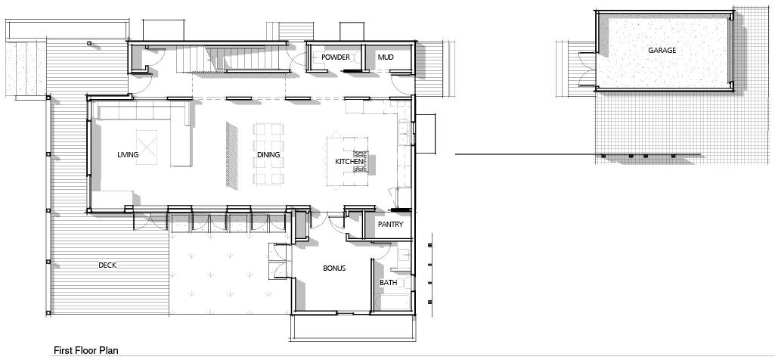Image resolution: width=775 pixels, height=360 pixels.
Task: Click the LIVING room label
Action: tap(128, 155)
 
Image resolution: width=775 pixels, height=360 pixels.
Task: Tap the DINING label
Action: tap(268, 155)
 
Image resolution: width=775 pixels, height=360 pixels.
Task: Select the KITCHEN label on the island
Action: tap(349, 162)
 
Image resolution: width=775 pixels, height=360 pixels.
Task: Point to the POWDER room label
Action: tap(336, 57)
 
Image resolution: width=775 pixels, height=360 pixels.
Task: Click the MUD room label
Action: tap(386, 57)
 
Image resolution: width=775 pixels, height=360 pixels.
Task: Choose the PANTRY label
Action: tap(390, 225)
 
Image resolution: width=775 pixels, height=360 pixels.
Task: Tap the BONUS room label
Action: tap(334, 268)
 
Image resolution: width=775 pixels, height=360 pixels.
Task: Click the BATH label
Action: tap(388, 283)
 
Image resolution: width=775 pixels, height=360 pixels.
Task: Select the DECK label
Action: tap(107, 265)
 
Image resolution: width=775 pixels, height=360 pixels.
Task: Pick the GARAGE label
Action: tap(662, 51)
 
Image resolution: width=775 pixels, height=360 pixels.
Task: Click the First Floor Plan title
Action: tap(86, 351)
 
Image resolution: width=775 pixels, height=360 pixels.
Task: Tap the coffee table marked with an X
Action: tap(146, 147)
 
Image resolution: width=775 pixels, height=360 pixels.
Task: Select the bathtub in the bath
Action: tap(393, 303)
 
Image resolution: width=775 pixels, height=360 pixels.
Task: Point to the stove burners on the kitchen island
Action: tap(359, 162)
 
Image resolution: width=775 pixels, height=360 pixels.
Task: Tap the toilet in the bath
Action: tap(405, 283)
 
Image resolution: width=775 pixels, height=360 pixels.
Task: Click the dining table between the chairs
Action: tap(268, 154)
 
